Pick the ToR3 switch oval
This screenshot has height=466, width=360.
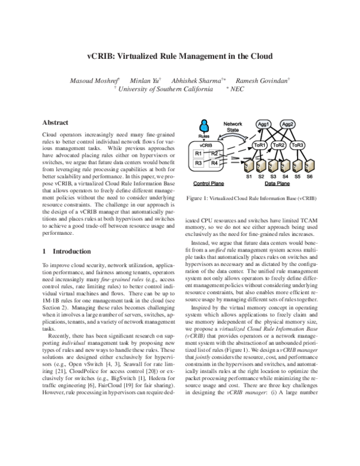click(x=296, y=145)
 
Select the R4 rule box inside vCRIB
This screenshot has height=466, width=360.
click(x=215, y=162)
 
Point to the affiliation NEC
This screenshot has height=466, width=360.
click(x=238, y=88)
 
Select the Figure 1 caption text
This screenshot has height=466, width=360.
click(x=251, y=198)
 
